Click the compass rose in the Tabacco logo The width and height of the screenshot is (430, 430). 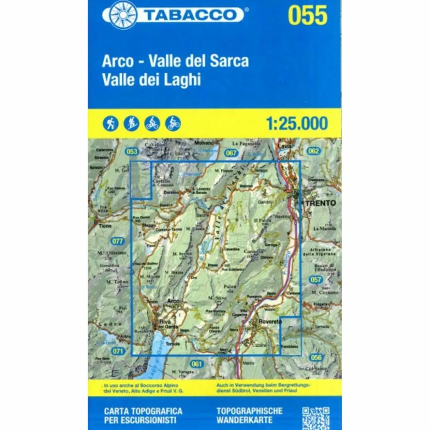pyautogui.click(x=122, y=15)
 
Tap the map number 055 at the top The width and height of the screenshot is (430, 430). pyautogui.click(x=307, y=15)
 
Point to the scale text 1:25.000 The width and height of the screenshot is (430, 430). pyautogui.click(x=296, y=123)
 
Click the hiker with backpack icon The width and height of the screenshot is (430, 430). pyautogui.click(x=111, y=123)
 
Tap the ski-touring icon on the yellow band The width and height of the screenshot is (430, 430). pyautogui.click(x=132, y=123)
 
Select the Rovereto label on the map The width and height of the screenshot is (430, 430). pyautogui.click(x=271, y=322)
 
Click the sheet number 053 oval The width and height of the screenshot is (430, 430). pyautogui.click(x=132, y=152)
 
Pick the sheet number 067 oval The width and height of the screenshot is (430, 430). pyautogui.click(x=231, y=153)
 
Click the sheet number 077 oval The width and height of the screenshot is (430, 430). pyautogui.click(x=117, y=241)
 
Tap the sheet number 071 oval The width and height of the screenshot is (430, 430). pyautogui.click(x=118, y=350)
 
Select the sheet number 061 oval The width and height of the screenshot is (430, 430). pyautogui.click(x=196, y=363)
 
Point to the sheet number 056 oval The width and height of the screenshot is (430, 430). pyautogui.click(x=316, y=357)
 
